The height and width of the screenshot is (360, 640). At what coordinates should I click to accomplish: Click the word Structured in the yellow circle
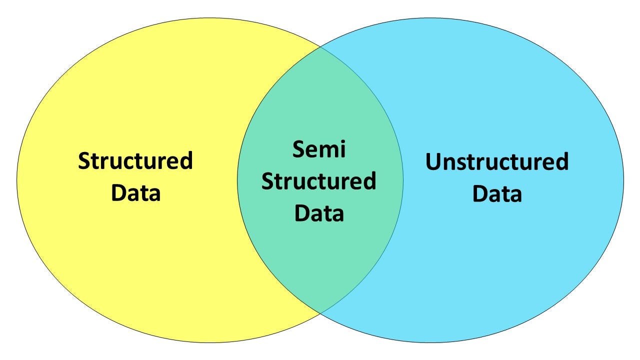tap(135, 160)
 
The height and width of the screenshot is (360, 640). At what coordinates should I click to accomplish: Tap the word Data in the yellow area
tap(135, 192)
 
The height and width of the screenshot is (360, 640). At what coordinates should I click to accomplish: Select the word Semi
tap(319, 149)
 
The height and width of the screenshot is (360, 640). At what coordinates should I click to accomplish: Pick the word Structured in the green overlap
tap(319, 181)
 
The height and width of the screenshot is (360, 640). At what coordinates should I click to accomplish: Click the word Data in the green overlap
tap(319, 213)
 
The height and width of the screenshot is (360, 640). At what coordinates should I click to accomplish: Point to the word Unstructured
tap(497, 161)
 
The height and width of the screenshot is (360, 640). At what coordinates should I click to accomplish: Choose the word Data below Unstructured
tap(497, 193)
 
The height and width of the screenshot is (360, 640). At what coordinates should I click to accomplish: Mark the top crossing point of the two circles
tap(320, 46)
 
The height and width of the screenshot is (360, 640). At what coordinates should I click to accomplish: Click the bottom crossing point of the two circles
tap(320, 313)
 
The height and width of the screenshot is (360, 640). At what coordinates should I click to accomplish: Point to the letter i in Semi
tap(343, 149)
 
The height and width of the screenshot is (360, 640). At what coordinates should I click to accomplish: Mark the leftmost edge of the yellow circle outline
tap(17, 180)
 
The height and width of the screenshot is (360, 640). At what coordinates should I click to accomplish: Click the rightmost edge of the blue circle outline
tap(623, 180)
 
